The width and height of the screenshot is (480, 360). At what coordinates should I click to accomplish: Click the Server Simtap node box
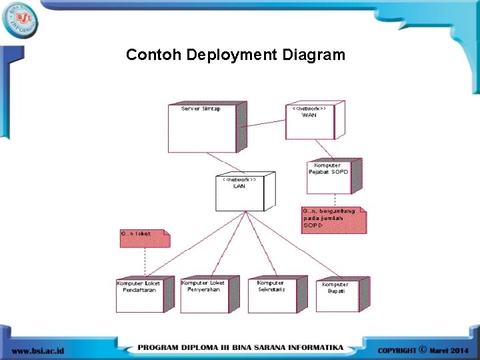pyautogui.click(x=202, y=128)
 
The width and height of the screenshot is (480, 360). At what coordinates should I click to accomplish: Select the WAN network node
pyautogui.click(x=310, y=121)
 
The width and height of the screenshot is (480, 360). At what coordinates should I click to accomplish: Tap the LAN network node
pyautogui.click(x=241, y=193)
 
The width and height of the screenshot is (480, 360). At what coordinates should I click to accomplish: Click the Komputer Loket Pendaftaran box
pyautogui.click(x=139, y=295)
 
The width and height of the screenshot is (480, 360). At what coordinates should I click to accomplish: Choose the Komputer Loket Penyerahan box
pyautogui.click(x=204, y=295)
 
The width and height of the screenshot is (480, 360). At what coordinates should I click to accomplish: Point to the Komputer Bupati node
pyautogui.click(x=337, y=296)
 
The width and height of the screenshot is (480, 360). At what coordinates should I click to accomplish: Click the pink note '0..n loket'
pyautogui.click(x=143, y=238)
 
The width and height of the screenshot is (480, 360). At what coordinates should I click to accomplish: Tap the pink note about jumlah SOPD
pyautogui.click(x=332, y=220)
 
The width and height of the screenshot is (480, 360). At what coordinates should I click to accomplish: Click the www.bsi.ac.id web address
pyautogui.click(x=38, y=349)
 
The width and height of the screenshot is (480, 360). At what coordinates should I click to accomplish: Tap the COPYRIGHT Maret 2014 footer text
pyautogui.click(x=423, y=349)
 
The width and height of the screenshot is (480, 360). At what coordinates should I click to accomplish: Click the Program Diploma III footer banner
pyautogui.click(x=241, y=348)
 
